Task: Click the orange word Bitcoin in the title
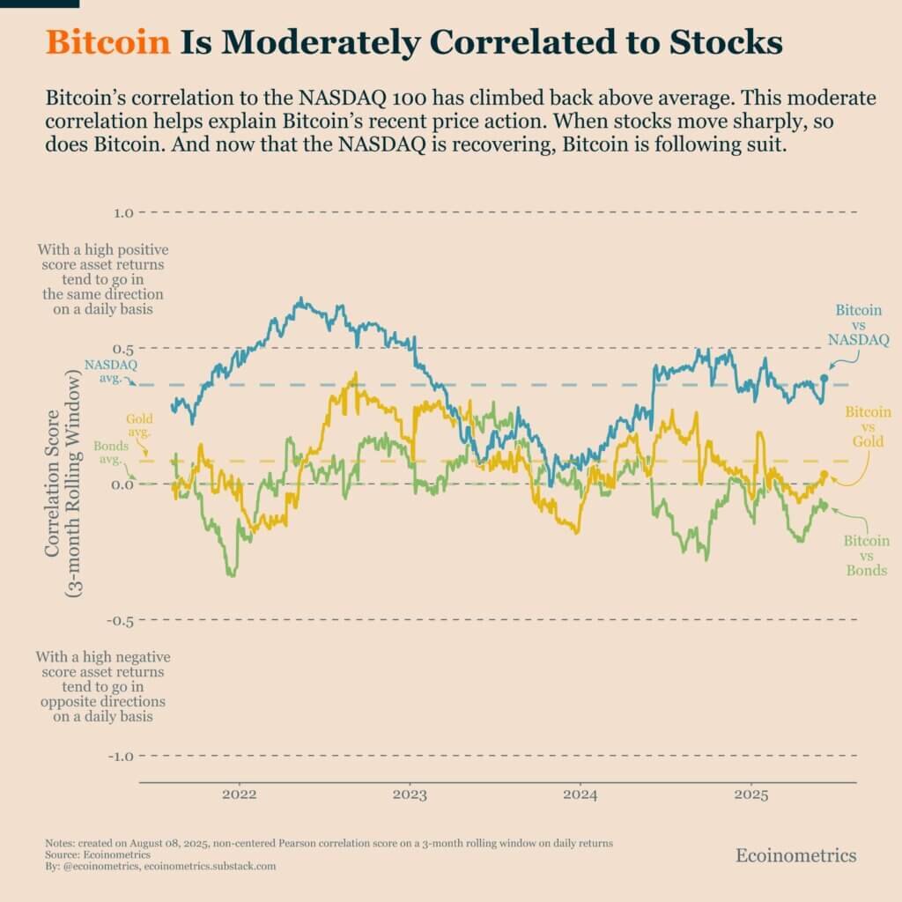point(107,42)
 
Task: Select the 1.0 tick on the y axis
point(122,213)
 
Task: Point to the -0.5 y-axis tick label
point(119,620)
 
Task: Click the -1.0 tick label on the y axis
point(119,756)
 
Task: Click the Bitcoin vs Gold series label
point(867,426)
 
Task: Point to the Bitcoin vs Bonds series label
point(867,556)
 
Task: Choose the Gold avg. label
point(139,426)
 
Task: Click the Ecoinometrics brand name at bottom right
point(795,854)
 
